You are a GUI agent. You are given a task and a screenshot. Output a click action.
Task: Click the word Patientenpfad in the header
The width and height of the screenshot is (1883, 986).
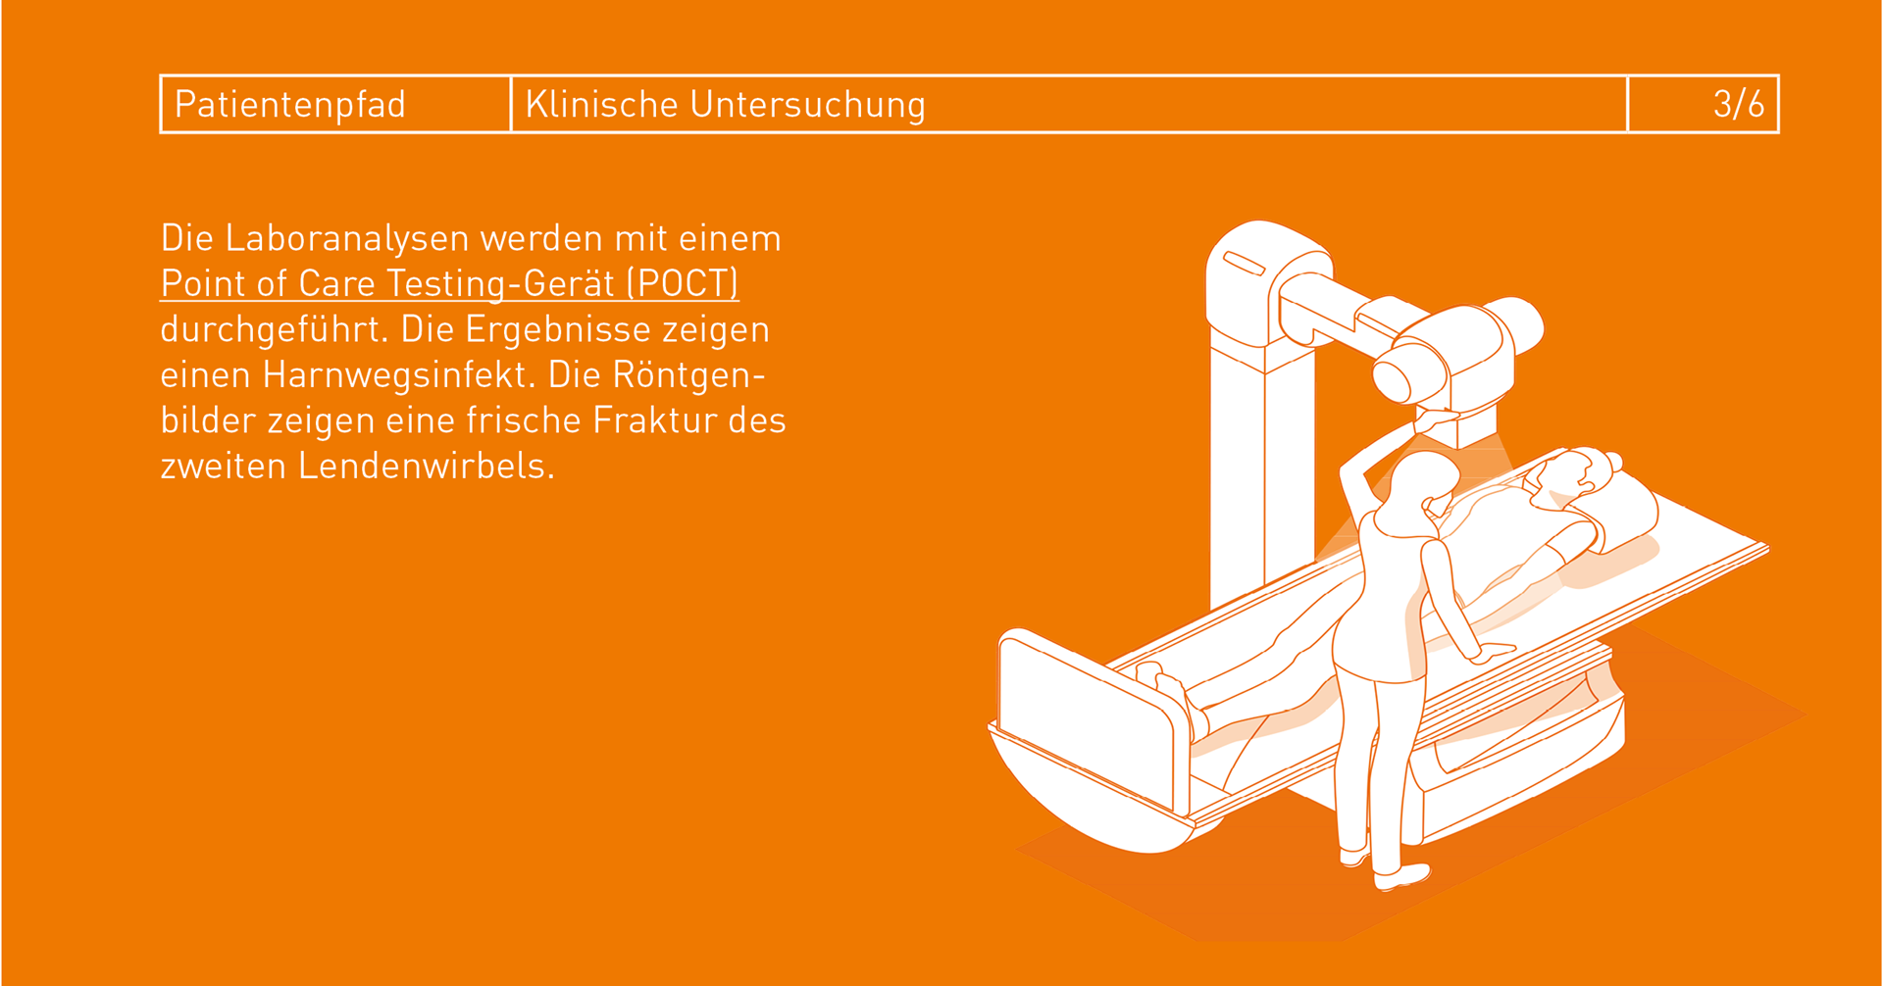[x=289, y=105]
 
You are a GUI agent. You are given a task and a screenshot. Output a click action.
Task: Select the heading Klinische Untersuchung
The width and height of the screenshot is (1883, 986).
[x=725, y=105]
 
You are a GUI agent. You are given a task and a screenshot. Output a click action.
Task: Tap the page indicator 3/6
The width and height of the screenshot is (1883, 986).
[x=1738, y=104]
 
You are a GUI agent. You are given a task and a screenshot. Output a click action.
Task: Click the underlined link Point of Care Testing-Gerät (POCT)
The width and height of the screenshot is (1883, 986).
[x=449, y=283]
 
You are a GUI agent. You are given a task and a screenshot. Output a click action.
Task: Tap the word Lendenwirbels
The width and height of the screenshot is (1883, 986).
[x=427, y=466]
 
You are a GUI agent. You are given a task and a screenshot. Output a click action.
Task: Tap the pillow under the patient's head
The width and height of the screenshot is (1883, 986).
[x=1608, y=510]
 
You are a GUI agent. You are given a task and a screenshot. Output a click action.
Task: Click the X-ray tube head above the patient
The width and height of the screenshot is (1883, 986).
[x=1451, y=358]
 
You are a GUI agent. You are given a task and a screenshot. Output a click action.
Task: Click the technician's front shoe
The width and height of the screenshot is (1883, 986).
[x=1401, y=876]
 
